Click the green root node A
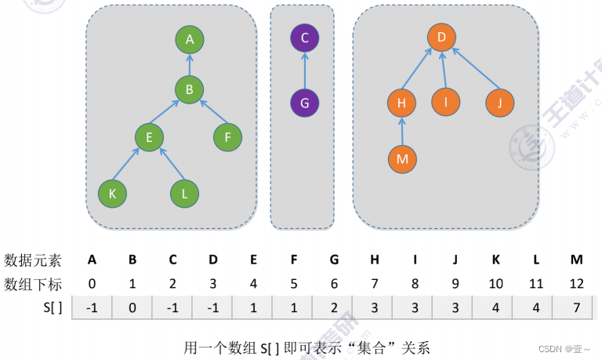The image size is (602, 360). click(x=190, y=38)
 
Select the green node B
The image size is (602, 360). click(x=190, y=89)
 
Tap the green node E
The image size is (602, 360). click(x=147, y=138)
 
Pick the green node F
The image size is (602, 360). click(x=227, y=138)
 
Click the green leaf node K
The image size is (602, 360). click(x=112, y=194)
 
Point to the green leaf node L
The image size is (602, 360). click(x=184, y=194)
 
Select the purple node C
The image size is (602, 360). click(x=305, y=37)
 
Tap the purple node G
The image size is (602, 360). click(x=305, y=103)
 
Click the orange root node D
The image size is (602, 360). click(x=442, y=37)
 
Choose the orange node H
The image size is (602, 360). click(x=401, y=103)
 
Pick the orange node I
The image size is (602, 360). click(x=445, y=102)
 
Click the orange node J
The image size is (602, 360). click(x=499, y=103)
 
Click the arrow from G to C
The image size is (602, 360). click(x=305, y=70)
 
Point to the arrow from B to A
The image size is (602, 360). click(x=190, y=64)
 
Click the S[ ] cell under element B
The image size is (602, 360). click(x=132, y=308)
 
